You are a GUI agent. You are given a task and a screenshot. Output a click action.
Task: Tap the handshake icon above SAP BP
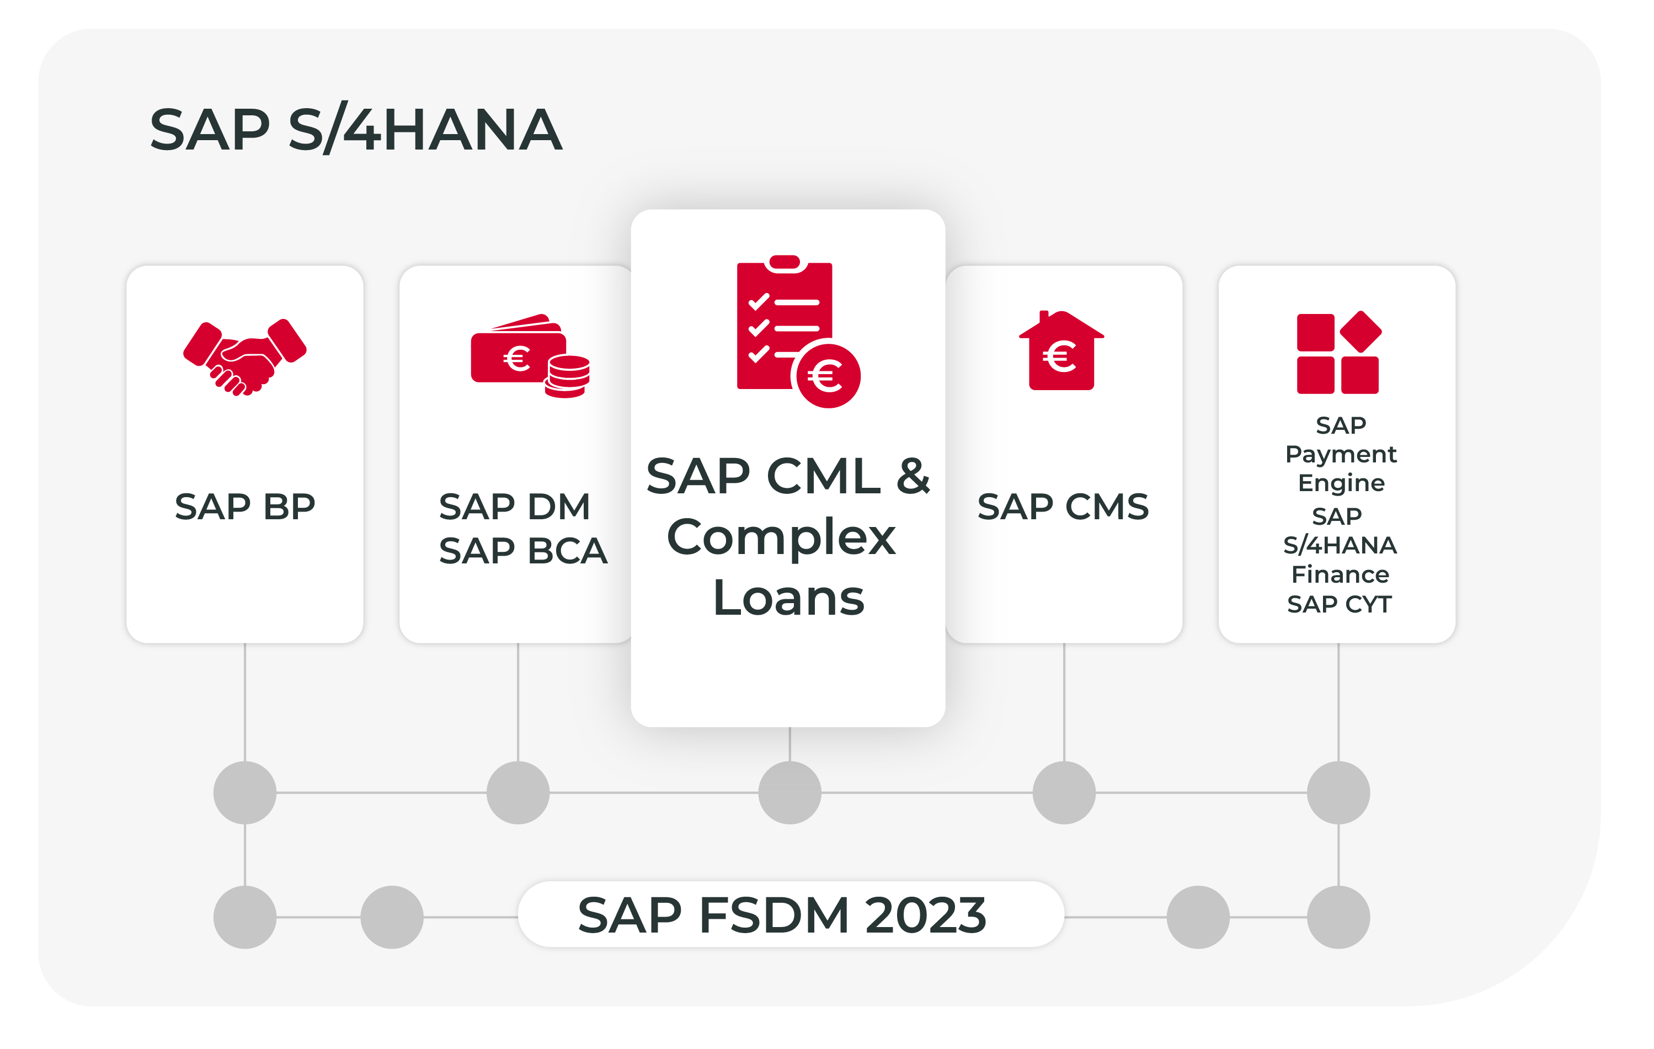pyautogui.click(x=244, y=357)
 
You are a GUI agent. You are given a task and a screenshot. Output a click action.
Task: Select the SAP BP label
pyautogui.click(x=244, y=507)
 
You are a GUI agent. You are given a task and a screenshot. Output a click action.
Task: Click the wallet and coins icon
pyautogui.click(x=529, y=356)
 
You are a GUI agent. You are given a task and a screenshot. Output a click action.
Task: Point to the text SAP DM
pyautogui.click(x=515, y=507)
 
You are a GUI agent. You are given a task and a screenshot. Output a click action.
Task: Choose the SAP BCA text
pyautogui.click(x=522, y=551)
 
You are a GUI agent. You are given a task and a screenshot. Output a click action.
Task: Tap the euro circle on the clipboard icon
pyautogui.click(x=828, y=376)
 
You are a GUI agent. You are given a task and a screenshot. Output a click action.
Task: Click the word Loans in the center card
pyautogui.click(x=788, y=598)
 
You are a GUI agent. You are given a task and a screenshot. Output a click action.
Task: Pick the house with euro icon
pyautogui.click(x=1061, y=352)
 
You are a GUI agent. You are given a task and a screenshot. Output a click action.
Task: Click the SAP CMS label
pyautogui.click(x=1063, y=507)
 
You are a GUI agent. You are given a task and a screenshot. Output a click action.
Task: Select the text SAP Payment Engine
pyautogui.click(x=1340, y=454)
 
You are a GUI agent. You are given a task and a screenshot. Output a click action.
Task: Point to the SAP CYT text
pyautogui.click(x=1339, y=605)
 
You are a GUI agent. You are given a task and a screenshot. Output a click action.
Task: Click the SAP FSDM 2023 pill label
pyautogui.click(x=790, y=915)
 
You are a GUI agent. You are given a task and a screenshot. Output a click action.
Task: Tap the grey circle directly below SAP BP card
pyautogui.click(x=244, y=793)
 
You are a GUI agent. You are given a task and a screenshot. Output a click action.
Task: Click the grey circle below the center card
pyautogui.click(x=789, y=793)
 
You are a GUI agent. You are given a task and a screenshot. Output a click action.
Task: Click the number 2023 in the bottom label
pyautogui.click(x=925, y=915)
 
